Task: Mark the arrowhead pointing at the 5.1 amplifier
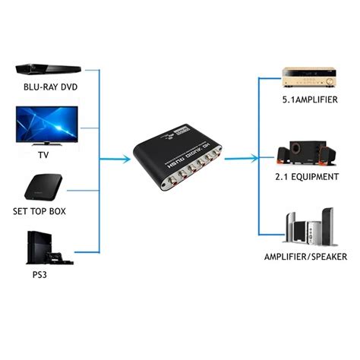click(x=276, y=77)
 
